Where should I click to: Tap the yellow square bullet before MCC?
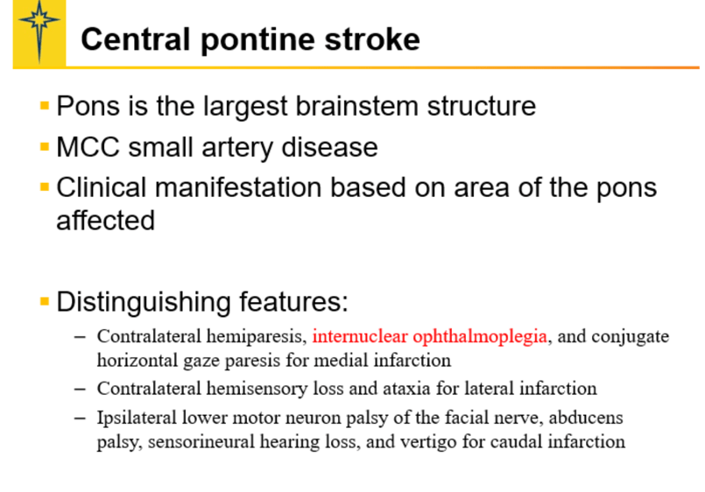(x=45, y=146)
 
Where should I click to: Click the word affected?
(x=105, y=220)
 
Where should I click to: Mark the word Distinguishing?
(x=145, y=303)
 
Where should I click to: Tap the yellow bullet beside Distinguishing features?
(x=45, y=301)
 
